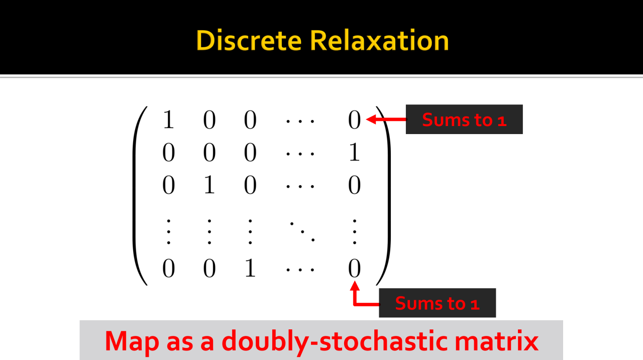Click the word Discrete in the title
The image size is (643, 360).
[249, 40]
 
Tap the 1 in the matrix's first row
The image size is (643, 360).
[168, 121]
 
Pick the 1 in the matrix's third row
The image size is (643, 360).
[209, 186]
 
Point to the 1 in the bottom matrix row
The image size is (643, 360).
[250, 269]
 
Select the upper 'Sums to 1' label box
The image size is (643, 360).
[464, 119]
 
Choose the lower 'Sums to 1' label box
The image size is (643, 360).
[437, 303]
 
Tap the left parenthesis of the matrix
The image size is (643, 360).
[140, 196]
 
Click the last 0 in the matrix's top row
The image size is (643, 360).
[354, 121]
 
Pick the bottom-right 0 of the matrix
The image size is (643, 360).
[354, 269]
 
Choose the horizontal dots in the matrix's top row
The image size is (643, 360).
[300, 121]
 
